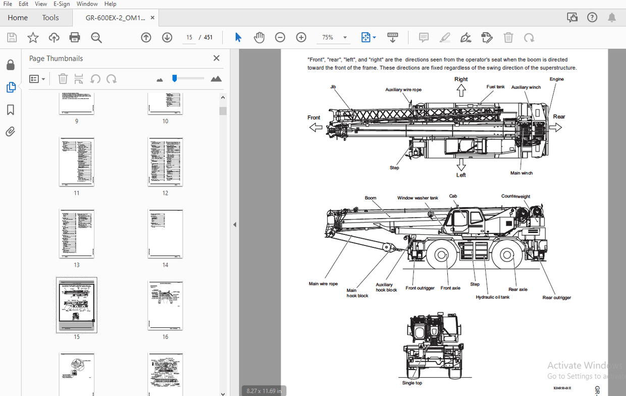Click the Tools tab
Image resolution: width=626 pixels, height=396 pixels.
tap(50, 18)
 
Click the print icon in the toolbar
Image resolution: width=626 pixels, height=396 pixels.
tap(75, 37)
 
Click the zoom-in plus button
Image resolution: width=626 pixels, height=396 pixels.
tap(301, 37)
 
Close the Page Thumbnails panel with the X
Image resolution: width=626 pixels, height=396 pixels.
tap(217, 58)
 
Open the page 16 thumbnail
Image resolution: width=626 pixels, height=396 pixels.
tap(165, 306)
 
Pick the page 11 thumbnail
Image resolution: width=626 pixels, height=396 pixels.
tap(77, 162)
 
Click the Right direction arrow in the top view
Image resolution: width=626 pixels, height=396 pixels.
tap(461, 90)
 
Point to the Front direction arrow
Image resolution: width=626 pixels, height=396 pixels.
tap(316, 128)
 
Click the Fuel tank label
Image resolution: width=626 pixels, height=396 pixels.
tap(495, 87)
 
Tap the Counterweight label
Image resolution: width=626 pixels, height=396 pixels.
tap(515, 196)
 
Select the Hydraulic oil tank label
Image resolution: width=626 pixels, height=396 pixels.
tap(492, 297)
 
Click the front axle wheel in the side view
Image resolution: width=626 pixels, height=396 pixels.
tap(442, 256)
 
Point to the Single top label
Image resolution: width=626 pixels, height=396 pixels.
tap(412, 383)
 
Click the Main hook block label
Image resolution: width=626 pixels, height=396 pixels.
tap(357, 293)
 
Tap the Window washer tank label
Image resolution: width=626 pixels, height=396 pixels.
tap(418, 198)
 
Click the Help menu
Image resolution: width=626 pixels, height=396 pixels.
tap(110, 4)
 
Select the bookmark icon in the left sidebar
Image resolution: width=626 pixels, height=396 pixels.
tap(10, 110)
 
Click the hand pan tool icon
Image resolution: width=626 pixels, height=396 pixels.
tap(259, 37)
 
